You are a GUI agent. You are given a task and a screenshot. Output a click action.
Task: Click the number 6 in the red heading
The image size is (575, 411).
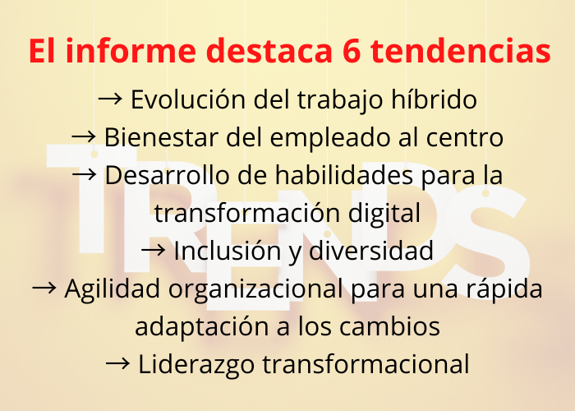(x=352, y=51)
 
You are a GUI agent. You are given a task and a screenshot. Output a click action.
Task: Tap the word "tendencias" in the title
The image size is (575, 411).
(x=460, y=50)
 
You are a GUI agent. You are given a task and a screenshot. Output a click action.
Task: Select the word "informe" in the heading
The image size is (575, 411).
(x=131, y=50)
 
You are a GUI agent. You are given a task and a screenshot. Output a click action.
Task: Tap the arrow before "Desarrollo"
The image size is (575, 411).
(x=85, y=174)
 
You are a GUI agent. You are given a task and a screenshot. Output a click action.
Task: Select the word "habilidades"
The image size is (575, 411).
(x=344, y=175)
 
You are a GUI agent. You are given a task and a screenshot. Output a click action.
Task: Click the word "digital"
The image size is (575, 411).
(x=384, y=214)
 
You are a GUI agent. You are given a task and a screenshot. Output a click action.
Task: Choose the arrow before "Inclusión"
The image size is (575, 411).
(x=154, y=250)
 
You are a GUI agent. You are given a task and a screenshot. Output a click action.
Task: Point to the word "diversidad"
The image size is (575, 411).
(x=371, y=251)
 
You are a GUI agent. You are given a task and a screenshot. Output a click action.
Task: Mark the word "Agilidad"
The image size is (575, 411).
(x=113, y=289)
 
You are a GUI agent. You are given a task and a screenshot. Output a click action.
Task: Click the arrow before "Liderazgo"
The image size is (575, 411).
(x=117, y=363)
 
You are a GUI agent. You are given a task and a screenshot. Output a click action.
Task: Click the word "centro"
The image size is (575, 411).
(x=465, y=138)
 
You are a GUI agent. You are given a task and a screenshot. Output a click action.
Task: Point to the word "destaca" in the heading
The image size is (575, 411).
(x=269, y=51)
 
